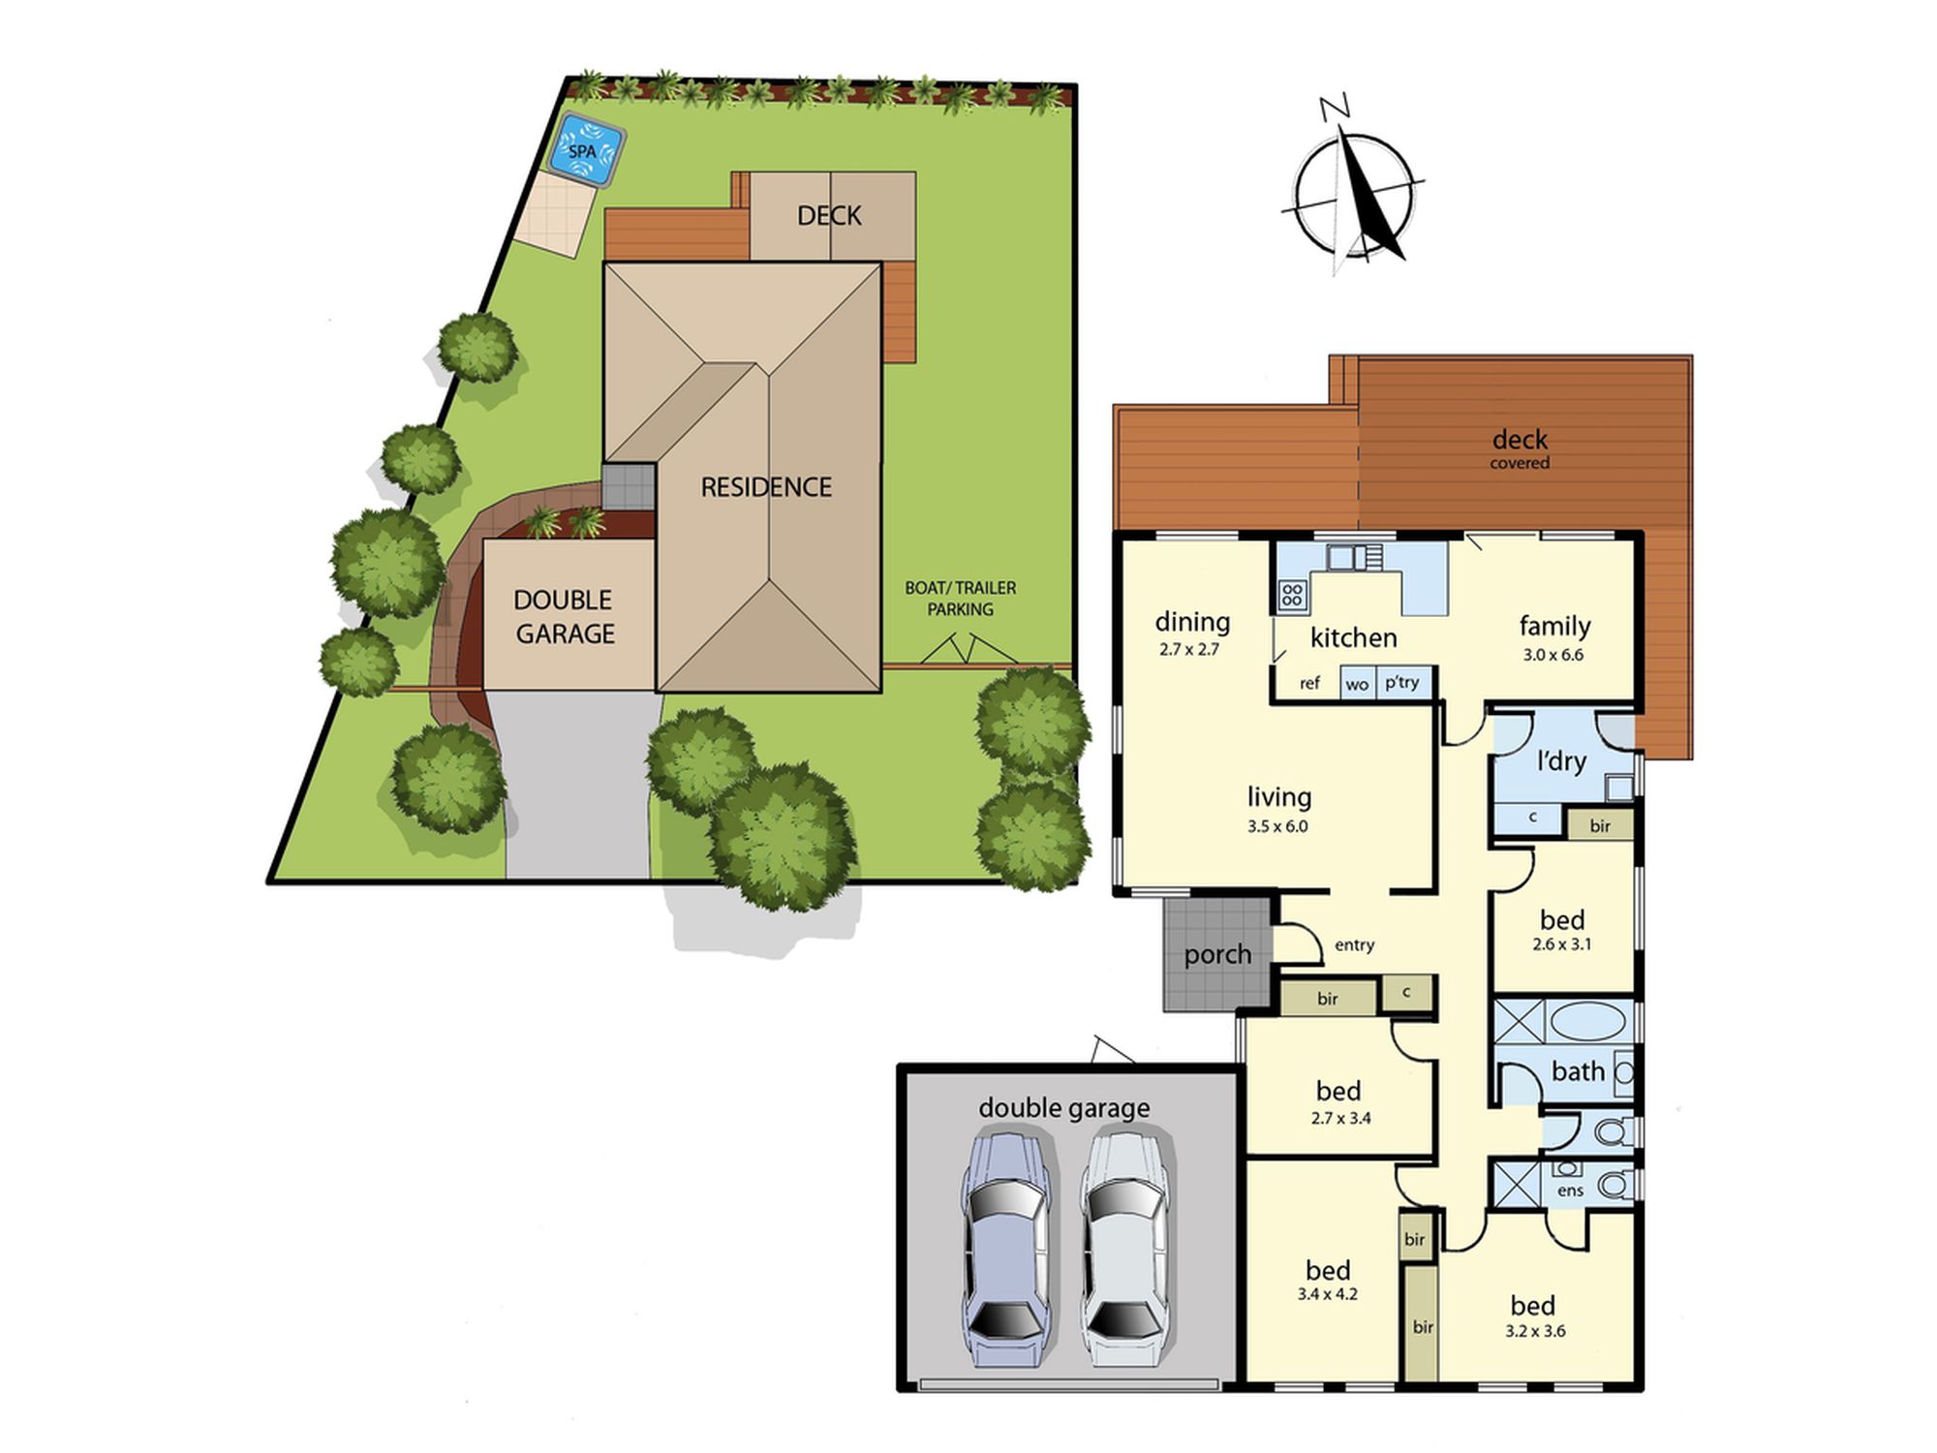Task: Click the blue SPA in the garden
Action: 587,151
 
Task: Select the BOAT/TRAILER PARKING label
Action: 961,599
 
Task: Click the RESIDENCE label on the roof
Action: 766,486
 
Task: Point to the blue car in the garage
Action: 1005,1251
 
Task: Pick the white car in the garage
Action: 1125,1251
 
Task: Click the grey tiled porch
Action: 1217,954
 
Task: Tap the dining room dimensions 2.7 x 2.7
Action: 1188,650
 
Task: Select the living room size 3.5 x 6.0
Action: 1277,826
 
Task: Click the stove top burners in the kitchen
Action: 1292,594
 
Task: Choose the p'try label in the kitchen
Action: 1401,683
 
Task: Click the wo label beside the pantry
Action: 1357,685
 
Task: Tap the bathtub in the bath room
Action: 1590,1023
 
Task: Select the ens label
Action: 1570,1190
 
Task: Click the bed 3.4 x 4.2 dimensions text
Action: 1327,1294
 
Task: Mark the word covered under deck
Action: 1520,463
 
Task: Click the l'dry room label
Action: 1561,761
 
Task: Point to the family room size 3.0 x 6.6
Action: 1553,655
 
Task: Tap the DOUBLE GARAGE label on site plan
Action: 565,616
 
